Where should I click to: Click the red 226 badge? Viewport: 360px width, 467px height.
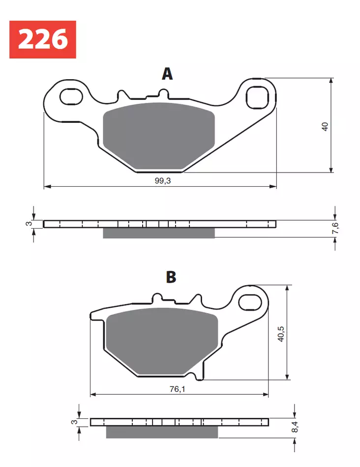(x=43, y=39)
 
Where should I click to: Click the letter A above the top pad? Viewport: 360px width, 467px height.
(x=167, y=74)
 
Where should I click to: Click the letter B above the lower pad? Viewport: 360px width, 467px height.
(x=171, y=278)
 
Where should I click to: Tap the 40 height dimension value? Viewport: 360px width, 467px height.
(x=324, y=126)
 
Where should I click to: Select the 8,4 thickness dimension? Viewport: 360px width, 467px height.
(x=295, y=427)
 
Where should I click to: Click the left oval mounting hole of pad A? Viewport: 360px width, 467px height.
(x=71, y=96)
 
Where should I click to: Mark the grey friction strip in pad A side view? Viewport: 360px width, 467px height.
(x=158, y=233)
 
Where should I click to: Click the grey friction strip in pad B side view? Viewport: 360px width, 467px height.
(x=161, y=432)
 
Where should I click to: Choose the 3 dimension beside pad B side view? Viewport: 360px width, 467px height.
(x=74, y=422)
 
